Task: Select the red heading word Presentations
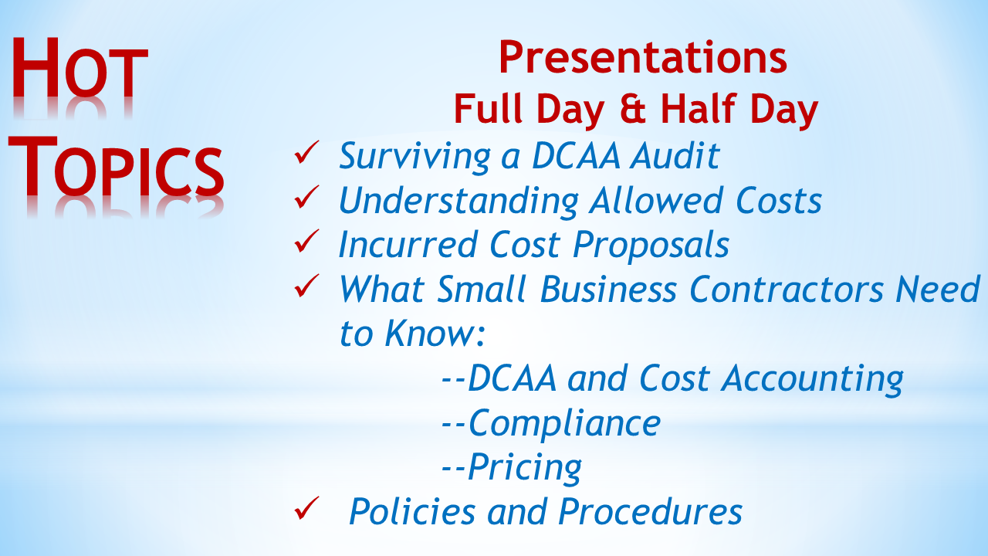[x=643, y=57]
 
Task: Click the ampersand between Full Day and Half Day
[x=632, y=109]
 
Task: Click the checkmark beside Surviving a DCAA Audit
[x=306, y=152]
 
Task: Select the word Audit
[x=675, y=155]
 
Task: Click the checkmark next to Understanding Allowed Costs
[x=306, y=196]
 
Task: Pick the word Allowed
[x=656, y=200]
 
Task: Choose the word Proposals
[x=651, y=246]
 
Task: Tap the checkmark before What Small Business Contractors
[x=306, y=286]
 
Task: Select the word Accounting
[x=812, y=379]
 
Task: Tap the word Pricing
[x=524, y=468]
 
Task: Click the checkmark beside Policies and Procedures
[x=306, y=508]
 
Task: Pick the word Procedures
[x=650, y=512]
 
